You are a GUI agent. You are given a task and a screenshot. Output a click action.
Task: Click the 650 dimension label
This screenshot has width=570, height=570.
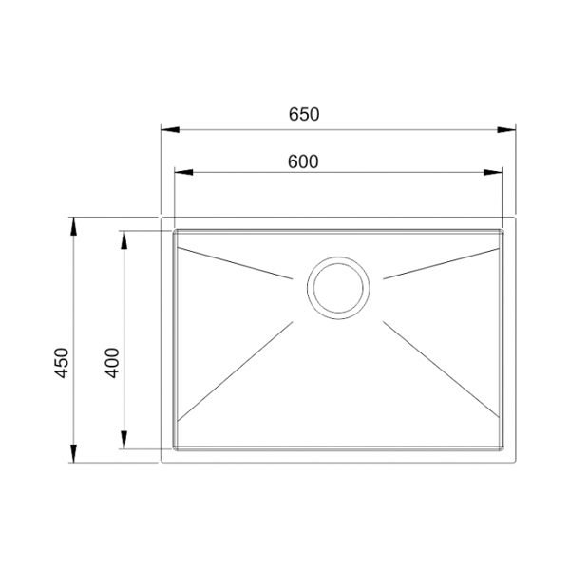(304, 114)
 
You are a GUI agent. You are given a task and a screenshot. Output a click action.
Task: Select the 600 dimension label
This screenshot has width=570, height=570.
(303, 161)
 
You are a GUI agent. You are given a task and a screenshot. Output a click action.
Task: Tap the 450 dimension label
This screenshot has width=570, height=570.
(62, 363)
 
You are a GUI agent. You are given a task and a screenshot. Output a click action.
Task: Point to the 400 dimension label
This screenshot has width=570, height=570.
(112, 363)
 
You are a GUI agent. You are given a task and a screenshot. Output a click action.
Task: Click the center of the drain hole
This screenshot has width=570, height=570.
(338, 288)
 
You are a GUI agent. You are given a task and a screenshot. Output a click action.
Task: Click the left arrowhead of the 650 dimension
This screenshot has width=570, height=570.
(170, 129)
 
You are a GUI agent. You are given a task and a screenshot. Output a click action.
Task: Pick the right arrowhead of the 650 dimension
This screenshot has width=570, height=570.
(506, 129)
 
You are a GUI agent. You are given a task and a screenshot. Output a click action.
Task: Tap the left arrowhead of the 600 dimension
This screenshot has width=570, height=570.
(183, 172)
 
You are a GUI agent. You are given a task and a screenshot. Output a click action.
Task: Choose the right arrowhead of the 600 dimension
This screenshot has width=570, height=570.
(492, 172)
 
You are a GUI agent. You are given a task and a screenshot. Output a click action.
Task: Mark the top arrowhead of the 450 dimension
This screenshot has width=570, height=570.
(74, 226)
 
